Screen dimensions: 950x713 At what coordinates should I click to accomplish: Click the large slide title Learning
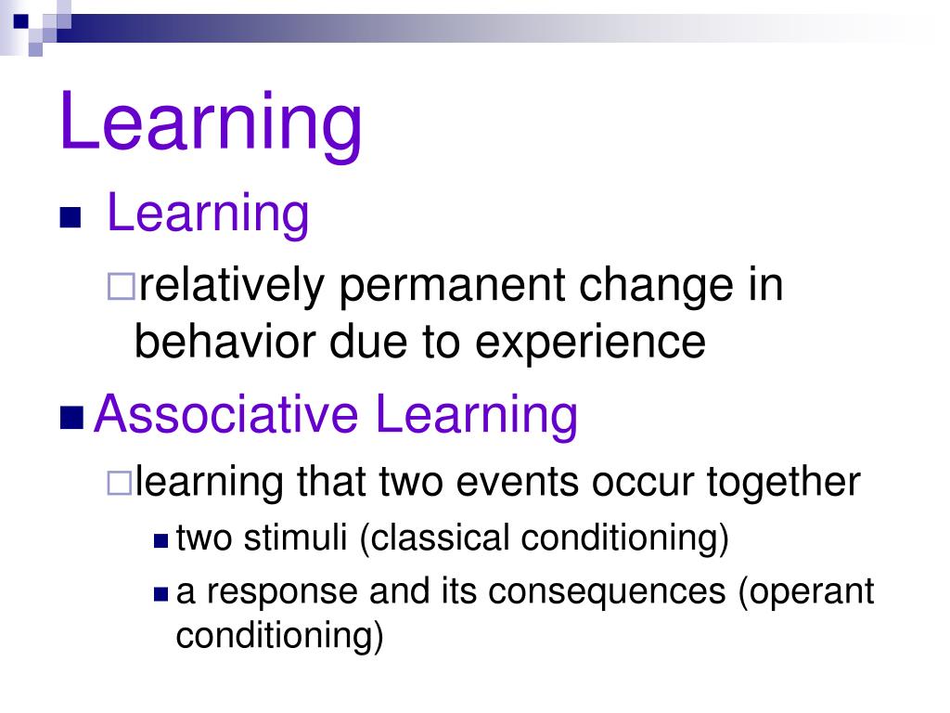(x=211, y=123)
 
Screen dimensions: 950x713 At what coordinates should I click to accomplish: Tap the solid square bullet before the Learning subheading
(x=71, y=217)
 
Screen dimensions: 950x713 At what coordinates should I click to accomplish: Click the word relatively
(x=231, y=286)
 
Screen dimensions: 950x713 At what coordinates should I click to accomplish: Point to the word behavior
(x=225, y=341)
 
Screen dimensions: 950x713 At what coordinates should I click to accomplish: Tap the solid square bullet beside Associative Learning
(x=71, y=418)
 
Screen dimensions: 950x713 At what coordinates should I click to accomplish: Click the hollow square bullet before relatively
(x=122, y=287)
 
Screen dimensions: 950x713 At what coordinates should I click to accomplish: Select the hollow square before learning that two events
(x=119, y=483)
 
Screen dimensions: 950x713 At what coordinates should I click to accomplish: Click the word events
(x=518, y=483)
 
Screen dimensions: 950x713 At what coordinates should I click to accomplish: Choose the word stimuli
(x=295, y=538)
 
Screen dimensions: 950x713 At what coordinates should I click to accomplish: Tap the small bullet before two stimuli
(x=160, y=540)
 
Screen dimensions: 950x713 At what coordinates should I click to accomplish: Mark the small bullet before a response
(x=160, y=593)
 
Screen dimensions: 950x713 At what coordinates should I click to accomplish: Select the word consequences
(x=607, y=592)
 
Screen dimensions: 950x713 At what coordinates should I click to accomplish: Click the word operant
(x=812, y=592)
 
